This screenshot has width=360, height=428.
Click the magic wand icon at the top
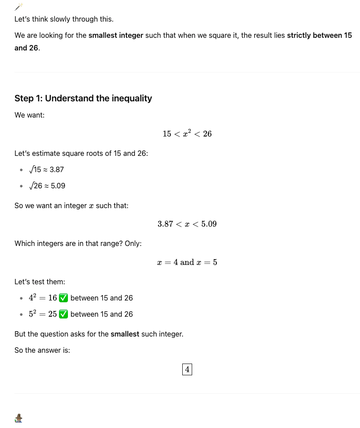(x=18, y=6)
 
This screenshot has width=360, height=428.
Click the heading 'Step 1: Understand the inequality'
(x=83, y=98)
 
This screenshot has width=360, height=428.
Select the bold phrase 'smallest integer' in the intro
(x=116, y=35)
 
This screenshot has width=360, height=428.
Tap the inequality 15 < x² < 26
(x=187, y=134)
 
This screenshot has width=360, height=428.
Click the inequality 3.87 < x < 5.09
(x=187, y=224)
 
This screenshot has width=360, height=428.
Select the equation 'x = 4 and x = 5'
(x=187, y=262)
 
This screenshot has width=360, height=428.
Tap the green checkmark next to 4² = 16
(x=63, y=298)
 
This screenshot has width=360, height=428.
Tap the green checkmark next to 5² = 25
(x=63, y=314)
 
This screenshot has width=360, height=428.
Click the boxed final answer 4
(x=187, y=370)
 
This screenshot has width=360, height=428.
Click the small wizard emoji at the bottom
(x=18, y=418)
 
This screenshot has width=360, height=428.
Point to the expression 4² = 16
(x=43, y=298)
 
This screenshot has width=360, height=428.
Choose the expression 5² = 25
(x=43, y=314)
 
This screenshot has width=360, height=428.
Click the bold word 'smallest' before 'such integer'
(x=125, y=334)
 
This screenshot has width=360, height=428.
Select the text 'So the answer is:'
(x=42, y=350)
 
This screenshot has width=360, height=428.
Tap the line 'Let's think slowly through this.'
(x=64, y=19)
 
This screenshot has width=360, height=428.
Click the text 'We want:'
(x=29, y=115)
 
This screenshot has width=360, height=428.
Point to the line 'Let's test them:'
(x=40, y=282)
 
